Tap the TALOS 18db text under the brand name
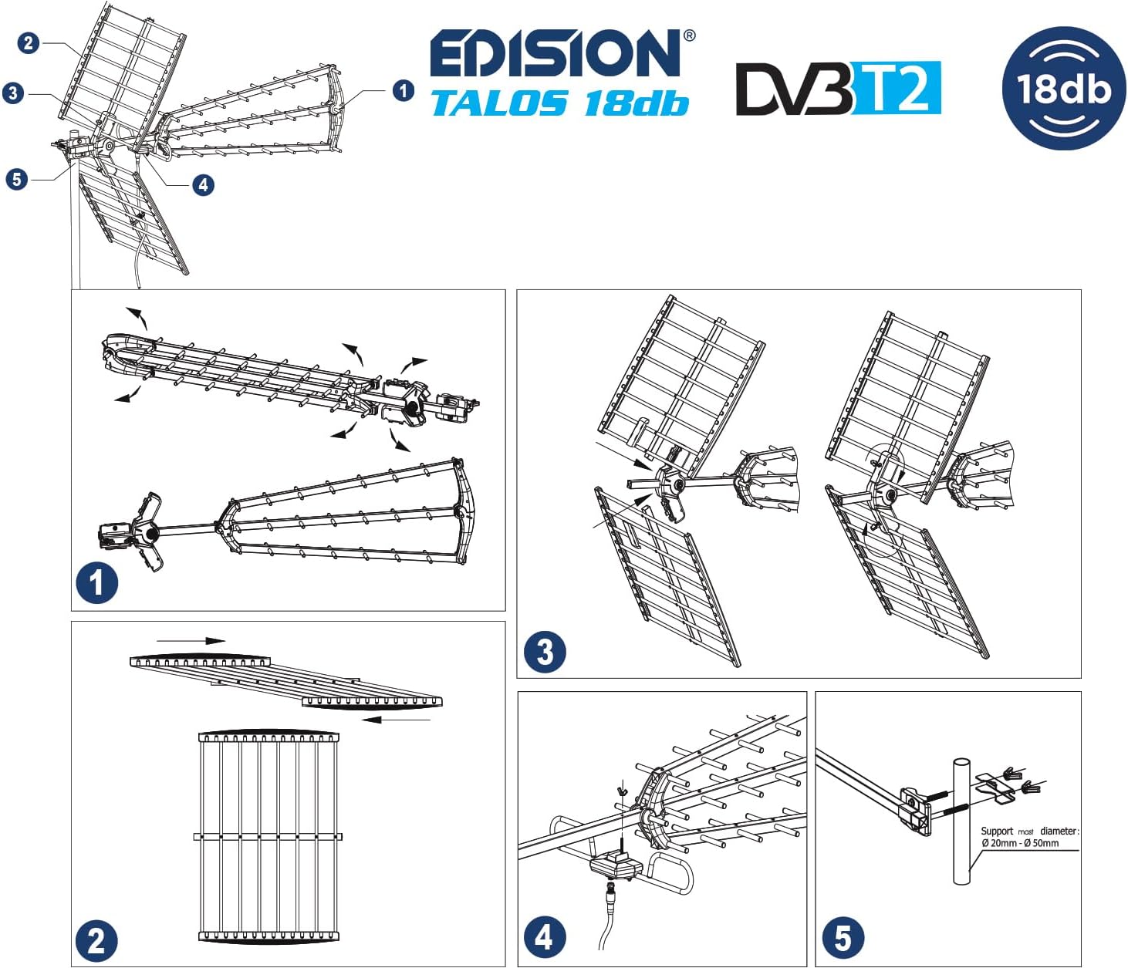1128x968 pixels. pyautogui.click(x=559, y=103)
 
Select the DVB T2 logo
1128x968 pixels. pyautogui.click(x=838, y=88)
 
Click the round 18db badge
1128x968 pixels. pyautogui.click(x=1063, y=88)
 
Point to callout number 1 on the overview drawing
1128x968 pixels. pyautogui.click(x=403, y=90)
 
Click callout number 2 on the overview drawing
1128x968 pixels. pyautogui.click(x=29, y=42)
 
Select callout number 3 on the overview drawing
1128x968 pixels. pyautogui.click(x=12, y=93)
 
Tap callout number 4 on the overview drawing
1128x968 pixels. pyautogui.click(x=202, y=184)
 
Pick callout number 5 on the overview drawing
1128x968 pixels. pyautogui.click(x=16, y=180)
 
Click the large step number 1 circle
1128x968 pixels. pyautogui.click(x=96, y=583)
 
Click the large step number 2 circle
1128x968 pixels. pyautogui.click(x=96, y=941)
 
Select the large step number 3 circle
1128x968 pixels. pyautogui.click(x=545, y=652)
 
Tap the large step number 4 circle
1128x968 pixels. pyautogui.click(x=544, y=937)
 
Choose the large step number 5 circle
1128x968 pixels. pyautogui.click(x=843, y=937)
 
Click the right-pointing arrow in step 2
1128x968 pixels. pyautogui.click(x=191, y=640)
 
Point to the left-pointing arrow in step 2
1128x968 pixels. pyautogui.click(x=395, y=720)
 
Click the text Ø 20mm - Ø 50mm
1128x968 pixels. pyautogui.click(x=1020, y=843)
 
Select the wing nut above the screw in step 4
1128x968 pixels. pyautogui.click(x=621, y=790)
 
